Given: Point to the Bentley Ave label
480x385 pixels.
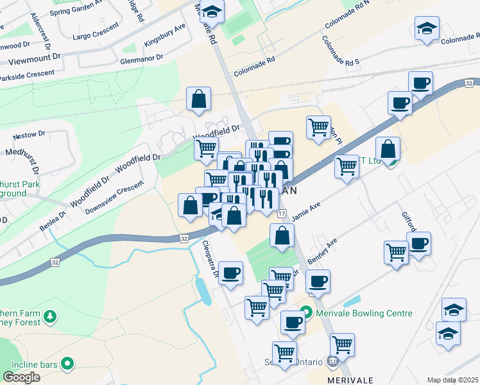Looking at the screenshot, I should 322,252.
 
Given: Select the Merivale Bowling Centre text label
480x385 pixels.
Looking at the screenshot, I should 365,313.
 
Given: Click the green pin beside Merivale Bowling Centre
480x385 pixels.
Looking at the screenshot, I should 307,313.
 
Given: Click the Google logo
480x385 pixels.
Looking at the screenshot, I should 21,377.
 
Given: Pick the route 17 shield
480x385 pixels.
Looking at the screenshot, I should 282,212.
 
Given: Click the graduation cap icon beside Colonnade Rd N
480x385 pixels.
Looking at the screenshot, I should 426,30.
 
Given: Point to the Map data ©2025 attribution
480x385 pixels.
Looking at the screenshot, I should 453,380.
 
